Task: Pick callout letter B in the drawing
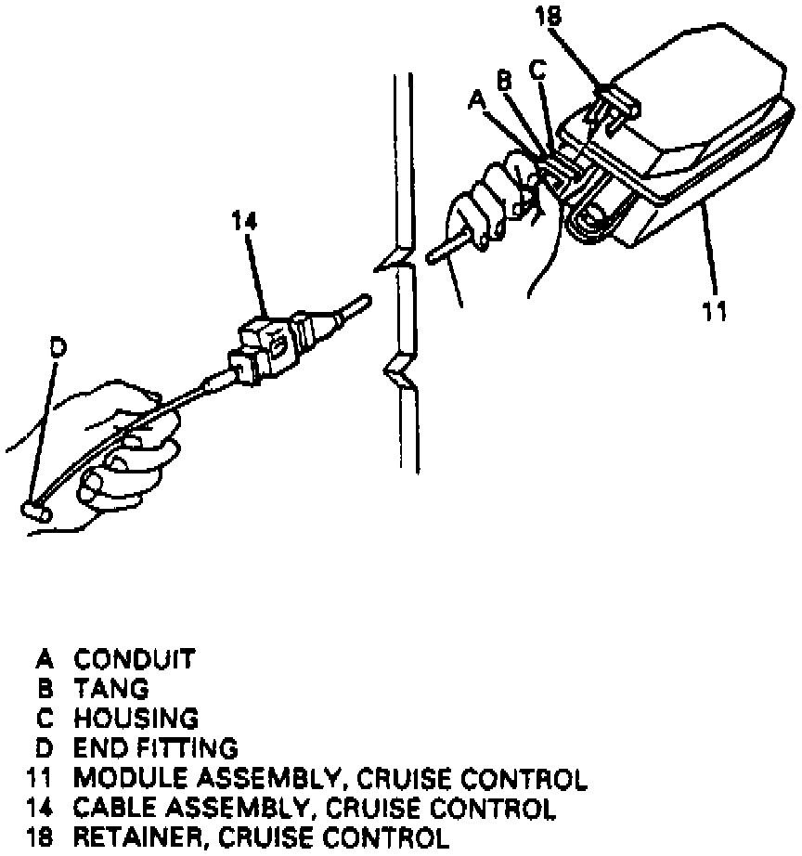[x=504, y=81]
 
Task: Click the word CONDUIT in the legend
[x=136, y=661]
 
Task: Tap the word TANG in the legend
[x=111, y=690]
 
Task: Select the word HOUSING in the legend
[x=136, y=719]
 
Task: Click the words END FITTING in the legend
[x=156, y=748]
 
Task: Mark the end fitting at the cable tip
[x=34, y=510]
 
